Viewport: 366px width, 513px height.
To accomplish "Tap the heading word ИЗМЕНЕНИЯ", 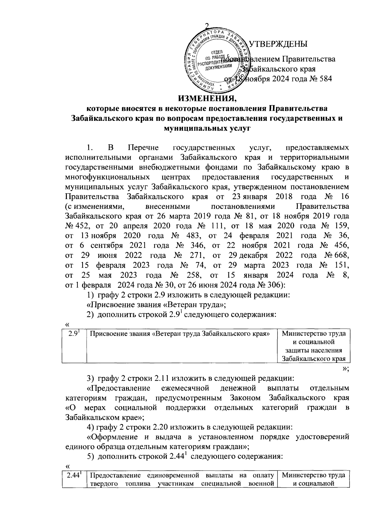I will [x=207, y=99].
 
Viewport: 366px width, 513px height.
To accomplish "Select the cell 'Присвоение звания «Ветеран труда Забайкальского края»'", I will [x=181, y=334].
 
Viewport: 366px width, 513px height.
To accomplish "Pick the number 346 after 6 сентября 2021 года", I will [x=192, y=245].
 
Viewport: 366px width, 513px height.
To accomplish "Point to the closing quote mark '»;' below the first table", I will [x=345, y=369].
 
